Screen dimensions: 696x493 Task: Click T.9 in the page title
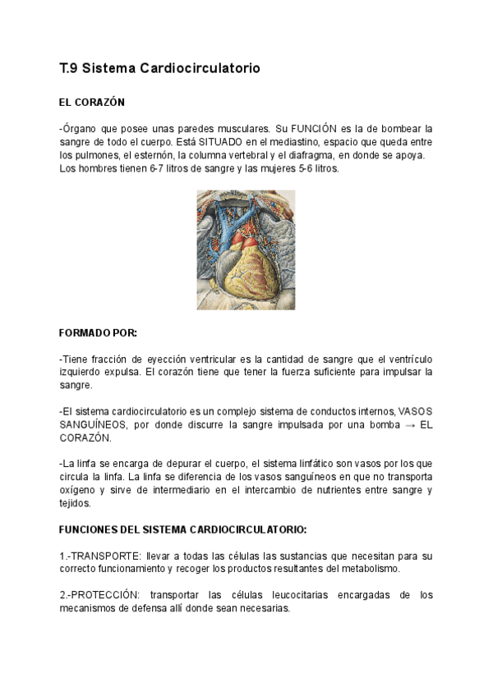pyautogui.click(x=68, y=69)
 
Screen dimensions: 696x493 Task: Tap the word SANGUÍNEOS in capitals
pyautogui.click(x=92, y=425)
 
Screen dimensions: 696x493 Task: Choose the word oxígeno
pyautogui.click(x=79, y=491)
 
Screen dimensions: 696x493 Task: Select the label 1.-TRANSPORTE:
pyautogui.click(x=99, y=556)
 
